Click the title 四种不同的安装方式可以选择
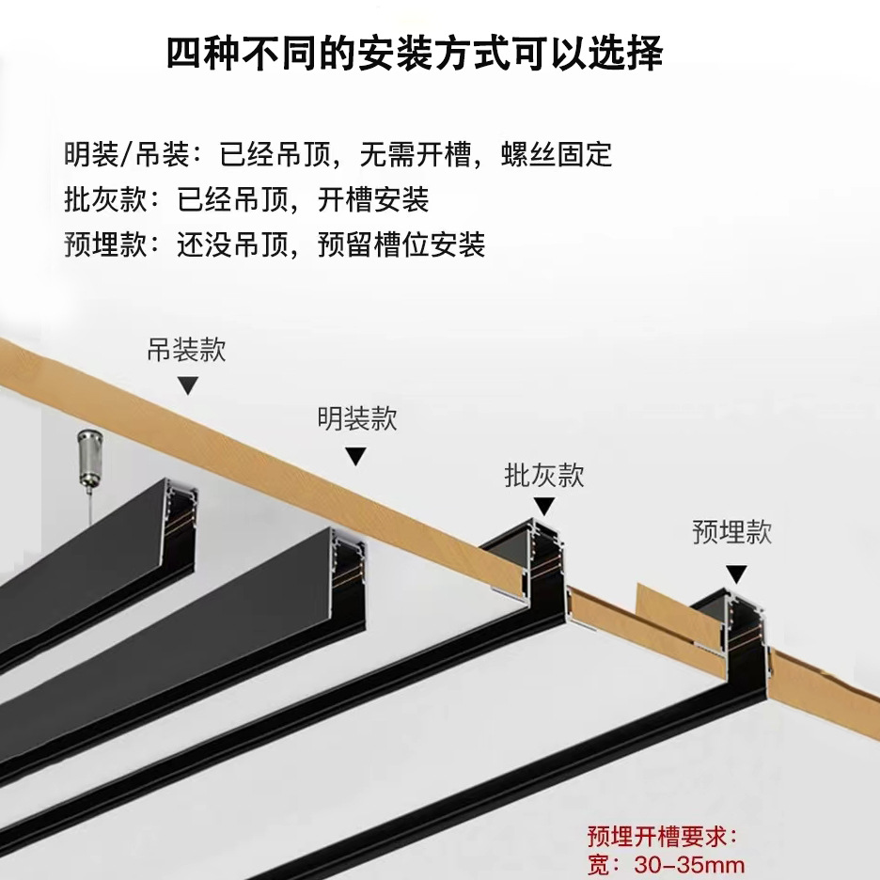[415, 55]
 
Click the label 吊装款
[186, 351]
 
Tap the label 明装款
[356, 418]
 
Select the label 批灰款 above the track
[544, 476]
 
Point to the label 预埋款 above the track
[731, 533]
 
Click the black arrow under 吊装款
[188, 386]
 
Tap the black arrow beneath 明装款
[355, 457]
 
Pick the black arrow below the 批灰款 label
[543, 509]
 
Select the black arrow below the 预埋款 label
[736, 573]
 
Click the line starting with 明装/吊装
[338, 153]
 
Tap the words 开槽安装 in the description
[373, 199]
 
